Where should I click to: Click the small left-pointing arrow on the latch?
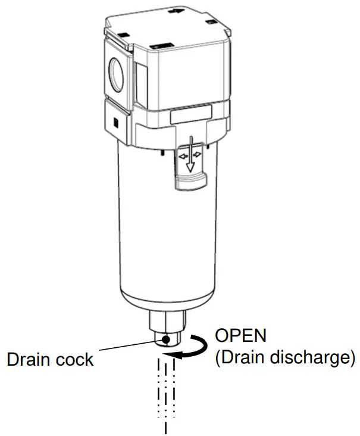(181, 154)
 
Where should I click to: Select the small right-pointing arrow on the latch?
(199, 154)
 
